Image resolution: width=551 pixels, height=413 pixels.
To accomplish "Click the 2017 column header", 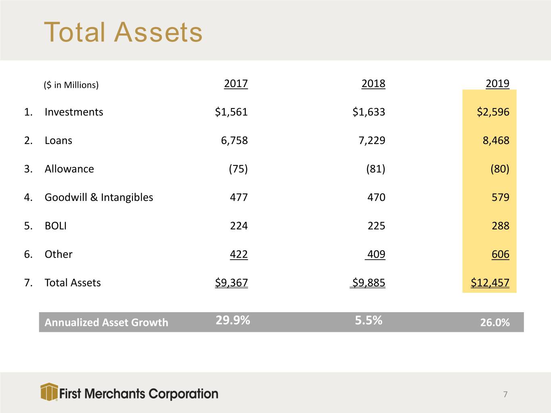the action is point(236,83).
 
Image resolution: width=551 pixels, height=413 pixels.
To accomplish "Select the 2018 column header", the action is point(373,83).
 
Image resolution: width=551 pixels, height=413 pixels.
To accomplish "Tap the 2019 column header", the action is point(498,83).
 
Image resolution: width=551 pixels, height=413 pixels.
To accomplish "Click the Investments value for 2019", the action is point(493,112).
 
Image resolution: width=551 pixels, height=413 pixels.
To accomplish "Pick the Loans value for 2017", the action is point(234,140).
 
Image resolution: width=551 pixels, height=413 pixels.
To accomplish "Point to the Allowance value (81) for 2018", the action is point(375,169).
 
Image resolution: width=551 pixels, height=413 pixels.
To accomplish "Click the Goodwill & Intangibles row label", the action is point(98,197).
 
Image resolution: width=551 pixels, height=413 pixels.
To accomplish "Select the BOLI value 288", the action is point(500,226).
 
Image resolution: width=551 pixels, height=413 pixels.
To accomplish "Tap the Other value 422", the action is point(239,254).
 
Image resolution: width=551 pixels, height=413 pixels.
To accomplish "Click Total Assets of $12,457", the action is point(490,283).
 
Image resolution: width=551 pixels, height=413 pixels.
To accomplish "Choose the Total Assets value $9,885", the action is point(368,283).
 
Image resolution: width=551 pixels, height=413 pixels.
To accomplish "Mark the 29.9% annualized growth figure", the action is point(233,320).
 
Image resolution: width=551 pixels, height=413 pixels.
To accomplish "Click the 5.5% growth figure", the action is point(369,320).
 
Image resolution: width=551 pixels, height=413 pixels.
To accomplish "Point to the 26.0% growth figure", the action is point(495,323).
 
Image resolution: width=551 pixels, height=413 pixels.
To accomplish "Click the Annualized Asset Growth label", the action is point(106,323).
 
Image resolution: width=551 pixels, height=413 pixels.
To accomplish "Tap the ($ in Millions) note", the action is point(71,85).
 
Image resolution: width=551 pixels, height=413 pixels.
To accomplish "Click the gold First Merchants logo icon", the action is point(49,392).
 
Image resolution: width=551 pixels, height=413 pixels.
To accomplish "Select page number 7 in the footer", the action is point(505,394).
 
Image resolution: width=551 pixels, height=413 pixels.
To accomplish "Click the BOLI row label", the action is point(55,226).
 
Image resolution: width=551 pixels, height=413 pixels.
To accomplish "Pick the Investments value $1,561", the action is point(231,112).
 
